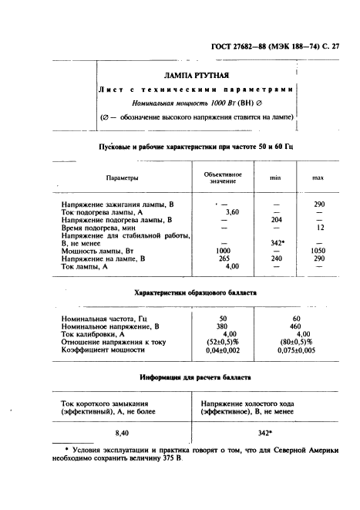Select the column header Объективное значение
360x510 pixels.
224,178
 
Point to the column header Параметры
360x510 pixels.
123,178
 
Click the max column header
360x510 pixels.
318,178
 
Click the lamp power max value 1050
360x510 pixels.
318,251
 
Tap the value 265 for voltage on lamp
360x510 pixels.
224,258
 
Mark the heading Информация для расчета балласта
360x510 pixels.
196,378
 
